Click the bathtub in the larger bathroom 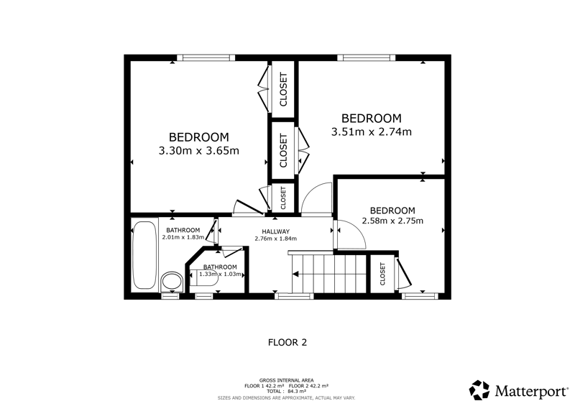(145, 255)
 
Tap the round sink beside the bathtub (172, 282)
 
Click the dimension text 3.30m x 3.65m (199, 150)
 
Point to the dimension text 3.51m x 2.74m (372, 132)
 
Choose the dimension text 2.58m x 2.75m (392, 221)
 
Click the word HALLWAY (276, 231)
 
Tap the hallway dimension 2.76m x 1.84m (276, 239)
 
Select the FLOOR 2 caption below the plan (287, 343)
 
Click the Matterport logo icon (479, 390)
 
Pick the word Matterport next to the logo (530, 391)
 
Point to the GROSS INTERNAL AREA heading (286, 380)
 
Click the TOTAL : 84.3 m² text (286, 392)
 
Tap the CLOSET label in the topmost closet (283, 90)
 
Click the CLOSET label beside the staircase (383, 274)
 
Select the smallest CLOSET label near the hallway (282, 198)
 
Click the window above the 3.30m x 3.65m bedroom (206, 57)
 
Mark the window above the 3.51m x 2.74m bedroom (367, 57)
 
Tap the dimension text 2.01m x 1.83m (183, 237)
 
